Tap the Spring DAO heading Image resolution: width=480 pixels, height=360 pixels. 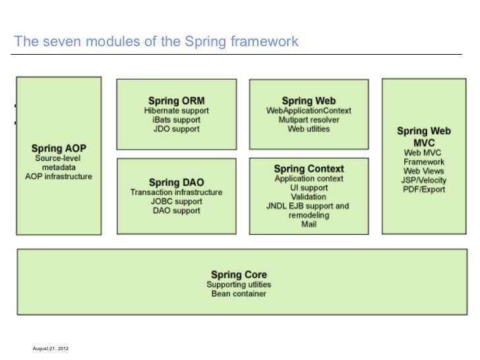coord(176,182)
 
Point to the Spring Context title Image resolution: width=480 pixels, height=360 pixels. coord(309,169)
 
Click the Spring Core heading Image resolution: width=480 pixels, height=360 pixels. coord(239,274)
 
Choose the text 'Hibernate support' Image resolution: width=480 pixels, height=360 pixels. coord(176,111)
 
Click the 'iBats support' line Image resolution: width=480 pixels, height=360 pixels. coord(176,121)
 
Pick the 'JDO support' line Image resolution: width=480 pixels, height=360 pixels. coord(176,130)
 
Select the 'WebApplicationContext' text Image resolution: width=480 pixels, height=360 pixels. coord(309,111)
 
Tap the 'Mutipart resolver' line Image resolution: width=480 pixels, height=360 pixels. coord(309,120)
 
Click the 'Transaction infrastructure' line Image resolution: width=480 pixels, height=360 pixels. coord(176,193)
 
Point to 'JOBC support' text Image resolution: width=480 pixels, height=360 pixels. coord(176,201)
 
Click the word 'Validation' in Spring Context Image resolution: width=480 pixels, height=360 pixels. coord(309,196)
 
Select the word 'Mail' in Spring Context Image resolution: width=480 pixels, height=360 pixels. coord(309,224)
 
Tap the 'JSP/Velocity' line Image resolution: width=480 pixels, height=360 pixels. coord(424,180)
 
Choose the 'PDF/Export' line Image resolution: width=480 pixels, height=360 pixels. coord(424,189)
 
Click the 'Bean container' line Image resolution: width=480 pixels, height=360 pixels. coord(239,293)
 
